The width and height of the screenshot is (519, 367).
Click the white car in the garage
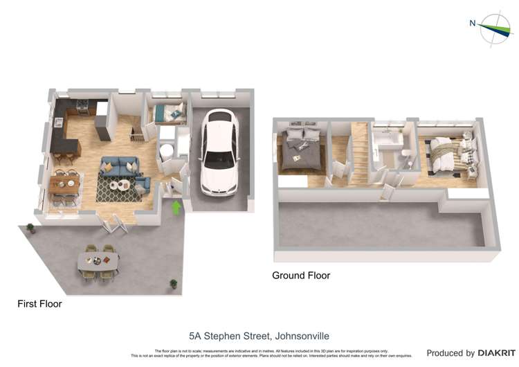(220, 152)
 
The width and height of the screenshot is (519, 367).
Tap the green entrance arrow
(176, 206)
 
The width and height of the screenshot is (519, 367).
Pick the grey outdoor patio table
(98, 260)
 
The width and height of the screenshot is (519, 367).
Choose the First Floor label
(39, 303)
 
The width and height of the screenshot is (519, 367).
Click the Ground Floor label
(301, 276)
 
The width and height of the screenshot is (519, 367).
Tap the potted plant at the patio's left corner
(30, 227)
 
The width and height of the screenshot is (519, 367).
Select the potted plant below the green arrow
(173, 283)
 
